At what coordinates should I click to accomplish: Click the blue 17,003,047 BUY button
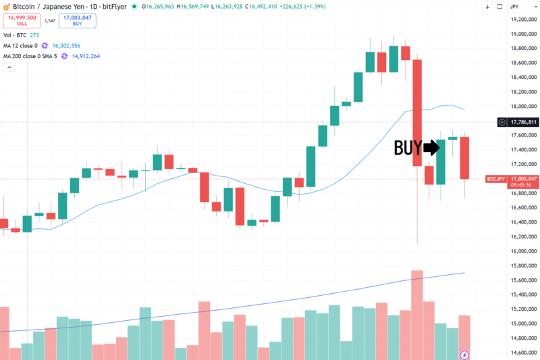click(x=77, y=20)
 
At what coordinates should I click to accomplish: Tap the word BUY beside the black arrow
click(x=408, y=147)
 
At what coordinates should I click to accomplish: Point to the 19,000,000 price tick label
click(x=522, y=34)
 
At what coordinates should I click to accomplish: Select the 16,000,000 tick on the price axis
click(x=522, y=251)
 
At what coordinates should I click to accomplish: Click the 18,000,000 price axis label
click(x=522, y=107)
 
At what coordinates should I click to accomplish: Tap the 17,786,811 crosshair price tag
click(x=523, y=122)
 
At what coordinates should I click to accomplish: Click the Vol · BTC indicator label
click(x=16, y=35)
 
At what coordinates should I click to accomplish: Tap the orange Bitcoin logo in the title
click(x=6, y=7)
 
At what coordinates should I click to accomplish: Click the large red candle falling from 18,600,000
click(x=417, y=112)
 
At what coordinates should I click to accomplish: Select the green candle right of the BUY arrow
click(x=441, y=162)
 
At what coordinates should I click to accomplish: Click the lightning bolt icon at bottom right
click(x=464, y=354)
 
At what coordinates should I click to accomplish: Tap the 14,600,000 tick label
click(x=522, y=353)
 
